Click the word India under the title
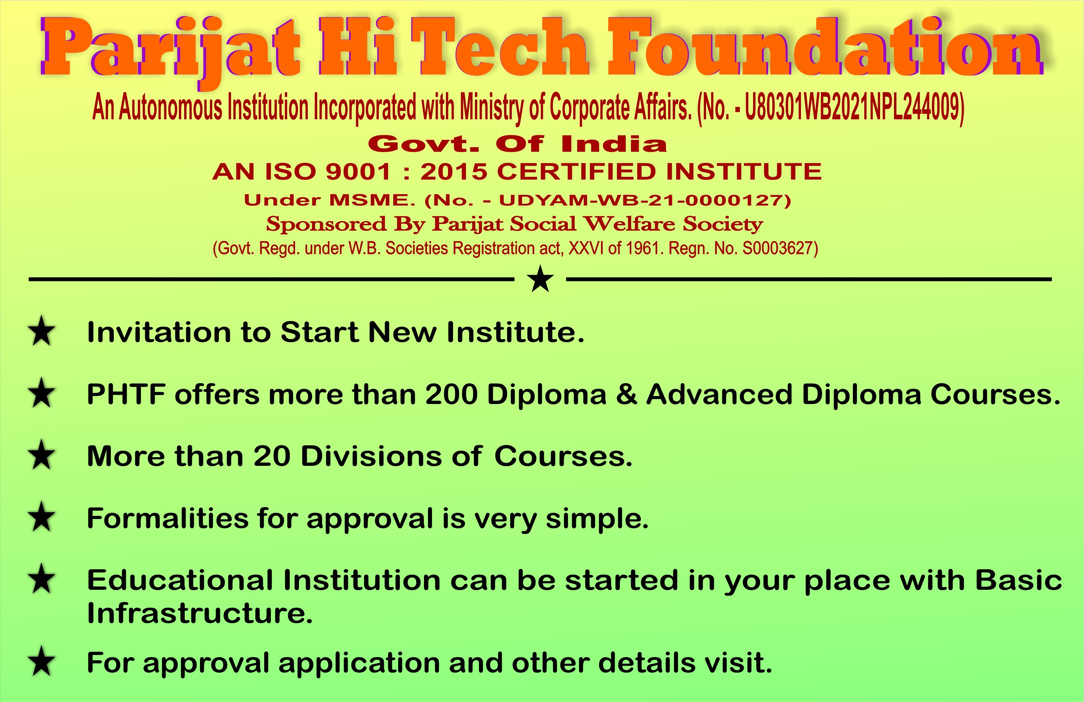coord(614,144)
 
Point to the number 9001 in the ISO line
coord(358,172)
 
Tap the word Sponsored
coord(326,224)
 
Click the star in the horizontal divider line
coord(540,279)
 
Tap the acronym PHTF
coord(126,394)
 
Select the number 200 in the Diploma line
coord(451,394)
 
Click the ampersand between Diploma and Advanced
coord(626,394)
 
